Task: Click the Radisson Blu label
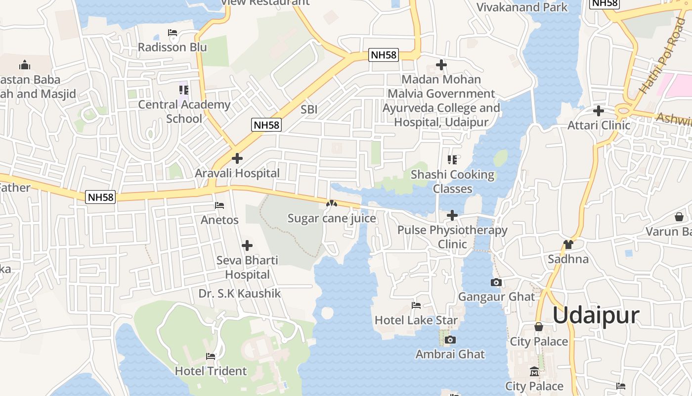click(x=172, y=47)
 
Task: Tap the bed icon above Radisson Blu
click(x=173, y=33)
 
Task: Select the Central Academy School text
click(x=184, y=111)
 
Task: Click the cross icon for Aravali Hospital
click(x=237, y=158)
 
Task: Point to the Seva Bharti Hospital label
click(x=247, y=267)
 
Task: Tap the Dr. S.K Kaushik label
click(x=240, y=294)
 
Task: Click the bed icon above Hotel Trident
click(x=211, y=356)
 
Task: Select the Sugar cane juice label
click(x=332, y=218)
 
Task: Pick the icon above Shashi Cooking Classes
click(x=452, y=160)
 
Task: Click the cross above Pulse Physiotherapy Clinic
click(x=452, y=215)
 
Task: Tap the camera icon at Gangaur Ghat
click(x=496, y=283)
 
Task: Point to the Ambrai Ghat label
click(x=450, y=354)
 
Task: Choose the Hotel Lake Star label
click(x=416, y=320)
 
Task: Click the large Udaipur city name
click(x=596, y=315)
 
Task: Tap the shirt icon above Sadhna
click(x=568, y=245)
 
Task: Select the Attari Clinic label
click(x=599, y=125)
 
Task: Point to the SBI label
click(x=309, y=109)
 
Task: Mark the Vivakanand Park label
click(x=522, y=7)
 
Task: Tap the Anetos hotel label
click(x=219, y=220)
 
